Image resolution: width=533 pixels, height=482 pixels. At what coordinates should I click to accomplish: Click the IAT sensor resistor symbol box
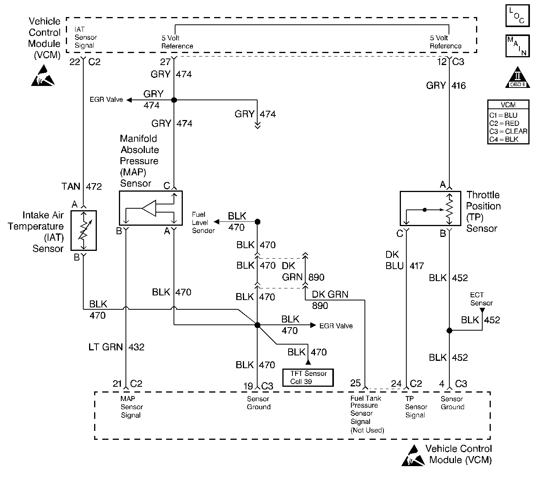point(84,230)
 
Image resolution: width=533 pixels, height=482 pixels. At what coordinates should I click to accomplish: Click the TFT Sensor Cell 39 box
point(308,377)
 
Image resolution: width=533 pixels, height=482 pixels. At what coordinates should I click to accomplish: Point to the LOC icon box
point(517,16)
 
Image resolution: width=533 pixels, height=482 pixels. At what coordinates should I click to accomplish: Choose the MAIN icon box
point(517,46)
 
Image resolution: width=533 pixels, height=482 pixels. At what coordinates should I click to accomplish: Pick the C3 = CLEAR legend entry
point(508,131)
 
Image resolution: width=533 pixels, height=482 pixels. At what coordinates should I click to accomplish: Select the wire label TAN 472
point(82,187)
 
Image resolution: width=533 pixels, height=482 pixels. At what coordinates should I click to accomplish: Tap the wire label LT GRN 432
point(117,347)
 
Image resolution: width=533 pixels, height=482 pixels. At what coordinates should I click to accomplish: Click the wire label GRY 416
point(446,86)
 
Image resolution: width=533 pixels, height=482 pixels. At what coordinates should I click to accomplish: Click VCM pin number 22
point(74,62)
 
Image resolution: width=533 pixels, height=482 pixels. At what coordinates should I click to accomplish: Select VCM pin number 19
point(248,386)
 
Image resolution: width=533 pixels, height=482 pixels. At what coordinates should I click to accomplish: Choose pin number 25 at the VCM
point(356,383)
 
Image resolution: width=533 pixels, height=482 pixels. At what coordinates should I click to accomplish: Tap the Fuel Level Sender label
point(203,223)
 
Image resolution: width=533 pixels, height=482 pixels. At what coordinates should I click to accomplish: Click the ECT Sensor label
point(481,299)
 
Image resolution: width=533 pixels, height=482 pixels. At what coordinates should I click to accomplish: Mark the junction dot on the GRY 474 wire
point(174,100)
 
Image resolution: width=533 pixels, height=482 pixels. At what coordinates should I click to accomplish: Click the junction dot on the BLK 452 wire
point(449,331)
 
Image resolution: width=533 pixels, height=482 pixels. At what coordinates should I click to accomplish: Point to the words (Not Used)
point(367,430)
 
